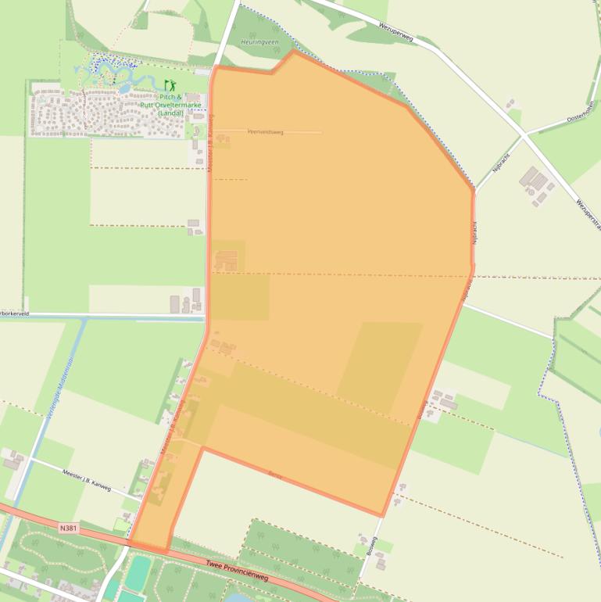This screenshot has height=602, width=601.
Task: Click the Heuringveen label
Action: click(259, 41)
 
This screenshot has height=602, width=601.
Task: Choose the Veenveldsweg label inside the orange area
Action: click(265, 132)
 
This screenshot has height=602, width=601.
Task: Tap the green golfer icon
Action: click(170, 84)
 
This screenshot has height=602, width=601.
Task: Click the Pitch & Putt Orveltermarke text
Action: click(170, 105)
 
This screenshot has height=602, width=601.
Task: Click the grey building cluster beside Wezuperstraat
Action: click(536, 185)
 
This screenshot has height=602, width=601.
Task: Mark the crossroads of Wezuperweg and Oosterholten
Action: click(522, 135)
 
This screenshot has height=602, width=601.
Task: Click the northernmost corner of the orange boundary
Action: click(294, 52)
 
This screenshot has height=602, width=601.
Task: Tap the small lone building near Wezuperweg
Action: click(510, 102)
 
